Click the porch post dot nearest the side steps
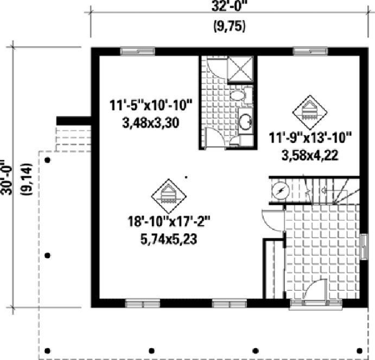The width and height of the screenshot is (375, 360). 48,160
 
